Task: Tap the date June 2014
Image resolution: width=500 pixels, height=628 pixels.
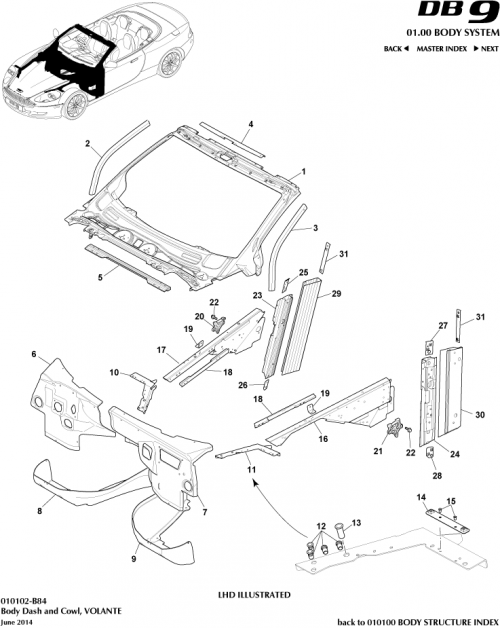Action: click(x=17, y=620)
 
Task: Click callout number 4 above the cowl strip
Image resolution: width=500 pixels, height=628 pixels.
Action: click(x=251, y=124)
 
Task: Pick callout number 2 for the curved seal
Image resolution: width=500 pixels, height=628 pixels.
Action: click(x=88, y=144)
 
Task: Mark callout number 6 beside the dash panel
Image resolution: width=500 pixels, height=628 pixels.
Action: click(x=34, y=355)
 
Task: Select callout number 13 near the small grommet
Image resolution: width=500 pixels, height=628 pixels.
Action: click(x=358, y=521)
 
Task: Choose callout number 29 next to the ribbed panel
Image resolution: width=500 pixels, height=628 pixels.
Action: click(x=336, y=294)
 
